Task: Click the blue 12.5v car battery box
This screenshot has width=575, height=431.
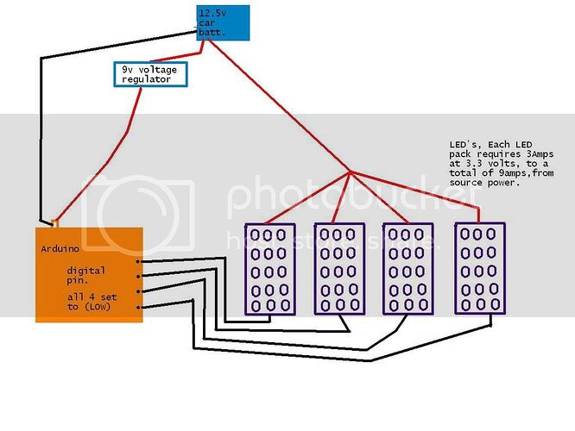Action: pyautogui.click(x=223, y=22)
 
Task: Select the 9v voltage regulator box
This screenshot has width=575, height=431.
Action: pyautogui.click(x=150, y=74)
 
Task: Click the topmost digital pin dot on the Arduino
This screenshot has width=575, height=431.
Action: pyautogui.click(x=138, y=261)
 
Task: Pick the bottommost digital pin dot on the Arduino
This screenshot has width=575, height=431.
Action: pyautogui.click(x=138, y=307)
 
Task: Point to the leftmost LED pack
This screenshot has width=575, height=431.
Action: pyautogui.click(x=270, y=269)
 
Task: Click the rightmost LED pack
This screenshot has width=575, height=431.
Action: pyautogui.click(x=480, y=268)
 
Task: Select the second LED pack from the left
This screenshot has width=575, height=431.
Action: pyautogui.click(x=339, y=268)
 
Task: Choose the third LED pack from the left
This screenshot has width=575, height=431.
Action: pyautogui.click(x=408, y=268)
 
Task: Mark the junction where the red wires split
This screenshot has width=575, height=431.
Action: pyautogui.click(x=351, y=172)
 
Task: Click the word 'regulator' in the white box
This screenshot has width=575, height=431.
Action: pyautogui.click(x=146, y=79)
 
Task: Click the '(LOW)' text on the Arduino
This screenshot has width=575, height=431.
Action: pyautogui.click(x=98, y=307)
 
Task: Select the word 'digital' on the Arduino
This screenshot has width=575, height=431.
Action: pyautogui.click(x=85, y=271)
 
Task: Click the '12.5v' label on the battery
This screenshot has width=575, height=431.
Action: pyautogui.click(x=212, y=14)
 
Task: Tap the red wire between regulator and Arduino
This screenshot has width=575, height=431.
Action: pyautogui.click(x=127, y=134)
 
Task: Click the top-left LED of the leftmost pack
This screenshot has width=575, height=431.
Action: pyautogui.click(x=256, y=235)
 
